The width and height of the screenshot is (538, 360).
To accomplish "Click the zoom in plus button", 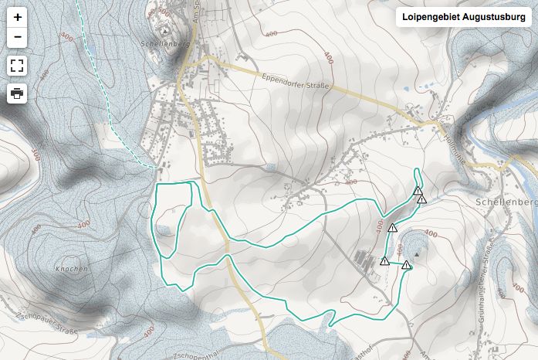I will [x=17, y=16].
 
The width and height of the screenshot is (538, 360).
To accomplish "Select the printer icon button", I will [x=17, y=94].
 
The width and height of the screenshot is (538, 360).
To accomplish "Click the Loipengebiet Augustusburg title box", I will [x=463, y=17].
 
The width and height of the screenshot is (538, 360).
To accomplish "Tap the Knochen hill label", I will [x=72, y=269].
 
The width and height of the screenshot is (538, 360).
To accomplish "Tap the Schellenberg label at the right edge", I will [x=513, y=202].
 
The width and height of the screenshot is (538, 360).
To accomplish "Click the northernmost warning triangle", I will [x=418, y=190].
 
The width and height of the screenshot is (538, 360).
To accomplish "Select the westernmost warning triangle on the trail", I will [x=384, y=260].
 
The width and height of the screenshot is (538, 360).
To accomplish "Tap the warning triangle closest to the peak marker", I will [x=406, y=265].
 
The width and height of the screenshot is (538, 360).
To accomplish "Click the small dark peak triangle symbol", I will [x=418, y=253].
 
